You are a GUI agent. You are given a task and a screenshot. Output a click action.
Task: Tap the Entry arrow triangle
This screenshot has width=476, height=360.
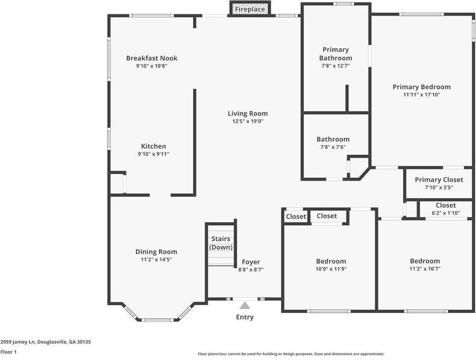[244, 306]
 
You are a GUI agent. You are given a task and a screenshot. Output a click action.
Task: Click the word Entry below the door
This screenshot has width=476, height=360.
[244, 317]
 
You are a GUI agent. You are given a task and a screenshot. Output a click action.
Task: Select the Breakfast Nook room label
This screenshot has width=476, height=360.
[152, 58]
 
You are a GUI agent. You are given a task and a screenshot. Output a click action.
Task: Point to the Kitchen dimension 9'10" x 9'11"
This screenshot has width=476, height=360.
[153, 154]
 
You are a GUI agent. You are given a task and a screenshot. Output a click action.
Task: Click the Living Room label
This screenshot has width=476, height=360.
[247, 113]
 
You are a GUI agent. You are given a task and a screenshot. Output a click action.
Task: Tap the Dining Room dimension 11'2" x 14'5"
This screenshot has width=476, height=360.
[155, 259]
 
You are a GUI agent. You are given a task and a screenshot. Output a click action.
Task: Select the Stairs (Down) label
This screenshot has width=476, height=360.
[220, 243]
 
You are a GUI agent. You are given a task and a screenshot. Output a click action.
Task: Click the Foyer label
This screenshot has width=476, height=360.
[250, 262]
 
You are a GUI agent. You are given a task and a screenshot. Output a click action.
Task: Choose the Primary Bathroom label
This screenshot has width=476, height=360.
[335, 54]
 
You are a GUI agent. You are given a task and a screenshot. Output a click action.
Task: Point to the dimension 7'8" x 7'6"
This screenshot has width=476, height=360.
[333, 147]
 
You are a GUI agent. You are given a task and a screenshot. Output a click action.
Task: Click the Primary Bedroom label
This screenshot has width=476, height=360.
[421, 87]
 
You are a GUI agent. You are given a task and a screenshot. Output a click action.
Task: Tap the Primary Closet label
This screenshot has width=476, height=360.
[439, 179]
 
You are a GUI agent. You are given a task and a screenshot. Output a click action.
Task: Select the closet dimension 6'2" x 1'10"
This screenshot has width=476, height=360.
[445, 213]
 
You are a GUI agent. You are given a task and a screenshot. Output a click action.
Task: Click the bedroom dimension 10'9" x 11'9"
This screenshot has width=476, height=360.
[331, 269]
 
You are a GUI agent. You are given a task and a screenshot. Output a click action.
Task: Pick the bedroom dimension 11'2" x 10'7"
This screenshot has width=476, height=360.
[424, 268]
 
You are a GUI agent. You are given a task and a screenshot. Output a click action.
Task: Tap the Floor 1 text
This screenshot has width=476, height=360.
[8, 352]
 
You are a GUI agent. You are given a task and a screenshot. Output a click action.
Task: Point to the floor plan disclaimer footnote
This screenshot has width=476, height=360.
[291, 354]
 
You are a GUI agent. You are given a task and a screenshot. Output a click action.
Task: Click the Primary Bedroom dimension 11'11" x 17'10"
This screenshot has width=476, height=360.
[421, 95]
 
